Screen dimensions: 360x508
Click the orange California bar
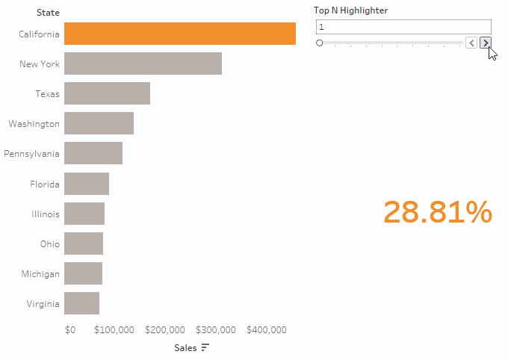(x=179, y=34)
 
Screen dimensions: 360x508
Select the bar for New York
(x=143, y=64)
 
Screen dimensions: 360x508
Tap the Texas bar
(x=107, y=94)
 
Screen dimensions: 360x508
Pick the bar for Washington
(x=99, y=123)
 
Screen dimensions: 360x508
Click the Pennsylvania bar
(x=93, y=153)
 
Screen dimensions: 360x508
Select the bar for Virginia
(x=81, y=303)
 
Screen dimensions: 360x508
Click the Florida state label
(x=45, y=184)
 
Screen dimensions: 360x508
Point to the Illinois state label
(x=46, y=214)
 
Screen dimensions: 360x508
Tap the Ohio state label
(x=50, y=243)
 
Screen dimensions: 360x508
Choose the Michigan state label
(x=40, y=274)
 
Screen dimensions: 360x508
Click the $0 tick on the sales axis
(x=70, y=330)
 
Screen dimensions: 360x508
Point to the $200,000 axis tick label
(x=165, y=330)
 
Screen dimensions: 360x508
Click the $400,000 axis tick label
(x=267, y=330)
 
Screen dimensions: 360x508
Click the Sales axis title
(x=185, y=348)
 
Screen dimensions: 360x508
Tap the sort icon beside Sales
(x=205, y=348)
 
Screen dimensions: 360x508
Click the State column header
(x=48, y=13)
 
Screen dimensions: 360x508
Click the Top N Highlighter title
(x=350, y=10)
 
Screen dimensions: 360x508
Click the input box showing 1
(x=403, y=27)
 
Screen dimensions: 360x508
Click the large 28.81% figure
(x=438, y=213)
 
